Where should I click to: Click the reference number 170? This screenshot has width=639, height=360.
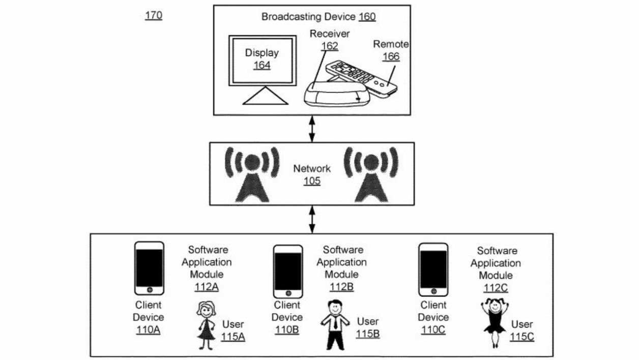154,15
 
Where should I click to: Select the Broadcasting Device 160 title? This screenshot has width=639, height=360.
318,17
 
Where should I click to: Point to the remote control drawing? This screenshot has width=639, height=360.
362,78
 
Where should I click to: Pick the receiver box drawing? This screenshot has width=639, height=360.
335,94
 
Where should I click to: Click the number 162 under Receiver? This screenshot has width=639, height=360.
330,46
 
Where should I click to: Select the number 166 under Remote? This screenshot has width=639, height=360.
391,56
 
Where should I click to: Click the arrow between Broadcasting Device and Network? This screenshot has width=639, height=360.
312,128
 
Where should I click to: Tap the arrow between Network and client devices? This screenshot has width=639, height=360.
312,220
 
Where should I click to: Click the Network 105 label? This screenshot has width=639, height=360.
312,174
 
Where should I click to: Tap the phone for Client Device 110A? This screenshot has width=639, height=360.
150,268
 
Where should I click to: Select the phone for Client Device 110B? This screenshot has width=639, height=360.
288,272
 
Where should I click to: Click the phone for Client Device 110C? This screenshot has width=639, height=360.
433,269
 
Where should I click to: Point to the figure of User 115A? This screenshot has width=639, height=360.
206,325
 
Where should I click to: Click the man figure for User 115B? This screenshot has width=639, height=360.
335,324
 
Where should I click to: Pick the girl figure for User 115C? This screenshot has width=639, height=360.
495,322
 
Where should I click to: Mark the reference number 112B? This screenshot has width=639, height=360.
341,287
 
